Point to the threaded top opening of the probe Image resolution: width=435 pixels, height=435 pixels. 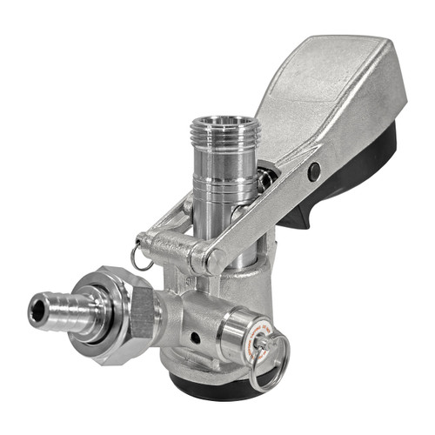[x=224, y=124]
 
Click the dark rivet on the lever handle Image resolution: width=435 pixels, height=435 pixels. [x=313, y=171]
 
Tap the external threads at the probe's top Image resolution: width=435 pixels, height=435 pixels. [x=224, y=139]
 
